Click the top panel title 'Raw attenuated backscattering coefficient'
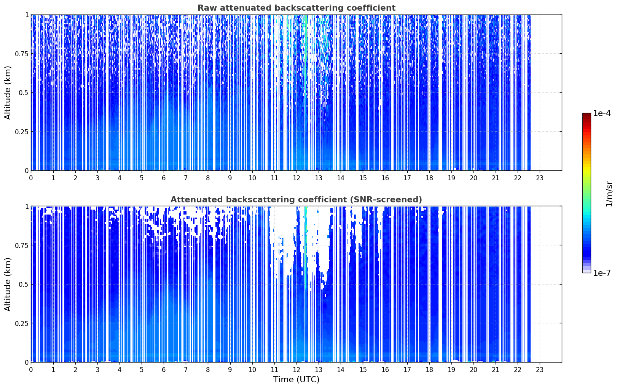(297, 8)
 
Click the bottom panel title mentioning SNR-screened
(297, 199)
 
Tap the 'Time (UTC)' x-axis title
(297, 380)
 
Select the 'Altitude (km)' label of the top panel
(8, 93)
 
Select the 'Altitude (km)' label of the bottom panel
(8, 284)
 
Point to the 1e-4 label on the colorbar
(602, 113)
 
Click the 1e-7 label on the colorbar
(602, 273)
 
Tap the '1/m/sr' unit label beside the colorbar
(609, 194)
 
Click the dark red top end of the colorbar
(587, 114)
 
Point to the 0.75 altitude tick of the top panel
(21, 54)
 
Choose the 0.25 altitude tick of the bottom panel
(21, 323)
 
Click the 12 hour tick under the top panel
(297, 178)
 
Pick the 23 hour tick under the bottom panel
(540, 370)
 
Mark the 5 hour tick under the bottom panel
(142, 370)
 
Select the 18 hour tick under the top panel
(429, 178)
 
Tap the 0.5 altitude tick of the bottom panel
(24, 284)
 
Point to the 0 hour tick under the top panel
(31, 178)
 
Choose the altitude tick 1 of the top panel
(27, 14)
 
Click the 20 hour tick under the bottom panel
(474, 370)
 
